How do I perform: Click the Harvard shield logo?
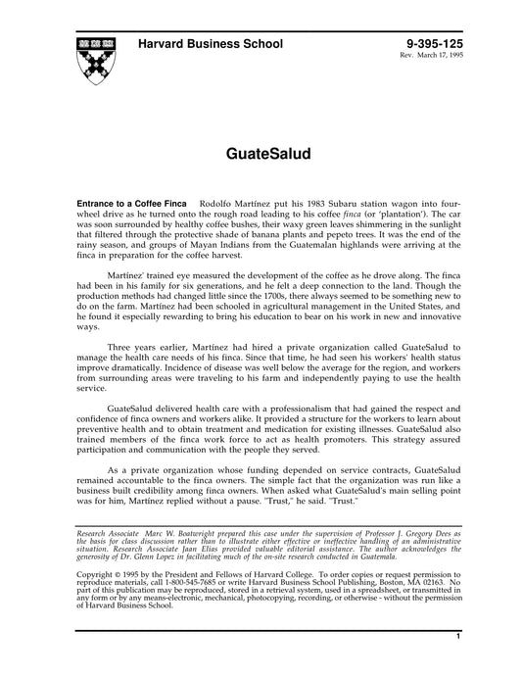[95, 59]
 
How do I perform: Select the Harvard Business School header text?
[211, 44]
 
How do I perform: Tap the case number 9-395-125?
[429, 44]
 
